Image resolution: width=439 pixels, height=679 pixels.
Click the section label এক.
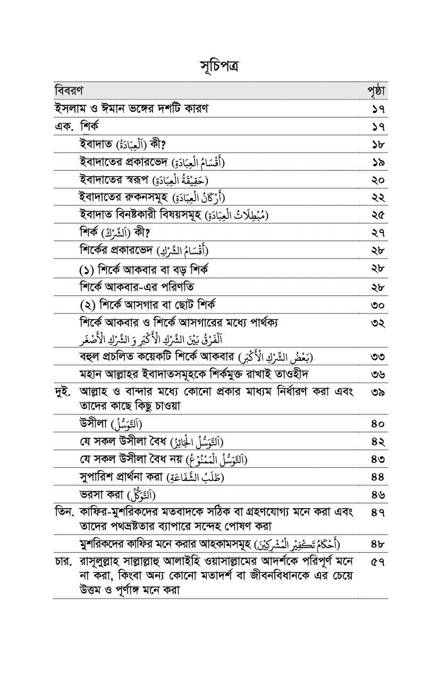click(64, 127)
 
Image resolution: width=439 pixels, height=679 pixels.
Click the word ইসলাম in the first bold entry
click(72, 109)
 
